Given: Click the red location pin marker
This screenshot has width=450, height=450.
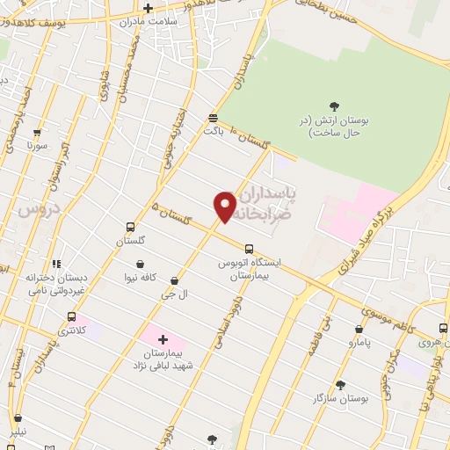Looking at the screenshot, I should coord(225,206).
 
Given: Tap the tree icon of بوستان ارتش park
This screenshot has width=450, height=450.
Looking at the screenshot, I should coord(335,107).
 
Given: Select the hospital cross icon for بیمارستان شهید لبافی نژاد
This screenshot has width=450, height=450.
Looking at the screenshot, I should coord(163,338).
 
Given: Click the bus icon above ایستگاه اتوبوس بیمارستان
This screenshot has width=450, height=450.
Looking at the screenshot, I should coord(249,249).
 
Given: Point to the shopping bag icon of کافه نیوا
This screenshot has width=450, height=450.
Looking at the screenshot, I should coord(142,264).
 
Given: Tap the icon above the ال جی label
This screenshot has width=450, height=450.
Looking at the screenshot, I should coord(173,281).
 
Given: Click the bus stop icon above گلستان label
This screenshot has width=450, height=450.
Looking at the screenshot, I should coord(130,227).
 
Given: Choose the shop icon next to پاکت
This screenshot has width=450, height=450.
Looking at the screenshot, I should coord(214,117).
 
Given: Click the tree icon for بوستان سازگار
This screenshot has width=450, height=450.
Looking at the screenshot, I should coord(340,385).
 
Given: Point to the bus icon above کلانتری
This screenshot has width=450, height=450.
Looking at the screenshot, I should coord(71,317).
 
